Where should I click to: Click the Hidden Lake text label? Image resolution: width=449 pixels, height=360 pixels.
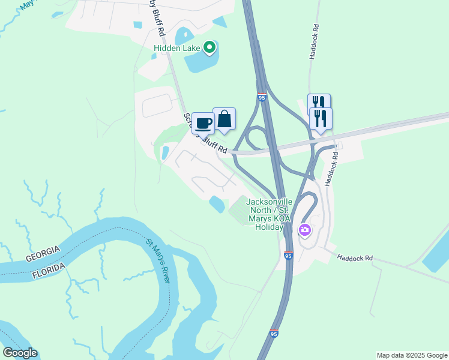pyautogui.click(x=178, y=47)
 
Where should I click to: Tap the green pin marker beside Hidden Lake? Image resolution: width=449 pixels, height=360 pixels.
pyautogui.click(x=209, y=47)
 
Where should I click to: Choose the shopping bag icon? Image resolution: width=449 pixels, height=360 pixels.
pyautogui.click(x=224, y=119)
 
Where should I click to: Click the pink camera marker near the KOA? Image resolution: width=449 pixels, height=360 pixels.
pyautogui.click(x=304, y=230)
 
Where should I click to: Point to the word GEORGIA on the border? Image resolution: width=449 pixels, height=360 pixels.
pyautogui.click(x=43, y=254)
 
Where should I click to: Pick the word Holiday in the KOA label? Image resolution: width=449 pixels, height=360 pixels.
pyautogui.click(x=269, y=227)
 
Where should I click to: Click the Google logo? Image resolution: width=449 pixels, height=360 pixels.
pyautogui.click(x=20, y=353)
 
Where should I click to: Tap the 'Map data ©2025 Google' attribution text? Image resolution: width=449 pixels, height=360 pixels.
pyautogui.click(x=412, y=355)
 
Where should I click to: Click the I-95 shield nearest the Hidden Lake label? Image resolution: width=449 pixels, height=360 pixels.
pyautogui.click(x=261, y=97)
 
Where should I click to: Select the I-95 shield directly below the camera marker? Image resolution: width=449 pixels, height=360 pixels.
pyautogui.click(x=289, y=256)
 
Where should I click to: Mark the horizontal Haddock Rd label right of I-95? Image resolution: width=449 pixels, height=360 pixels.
pyautogui.click(x=355, y=258)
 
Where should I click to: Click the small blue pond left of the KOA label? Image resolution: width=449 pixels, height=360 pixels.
pyautogui.click(x=217, y=204)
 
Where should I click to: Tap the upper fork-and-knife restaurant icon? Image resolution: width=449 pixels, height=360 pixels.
pyautogui.click(x=319, y=103)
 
